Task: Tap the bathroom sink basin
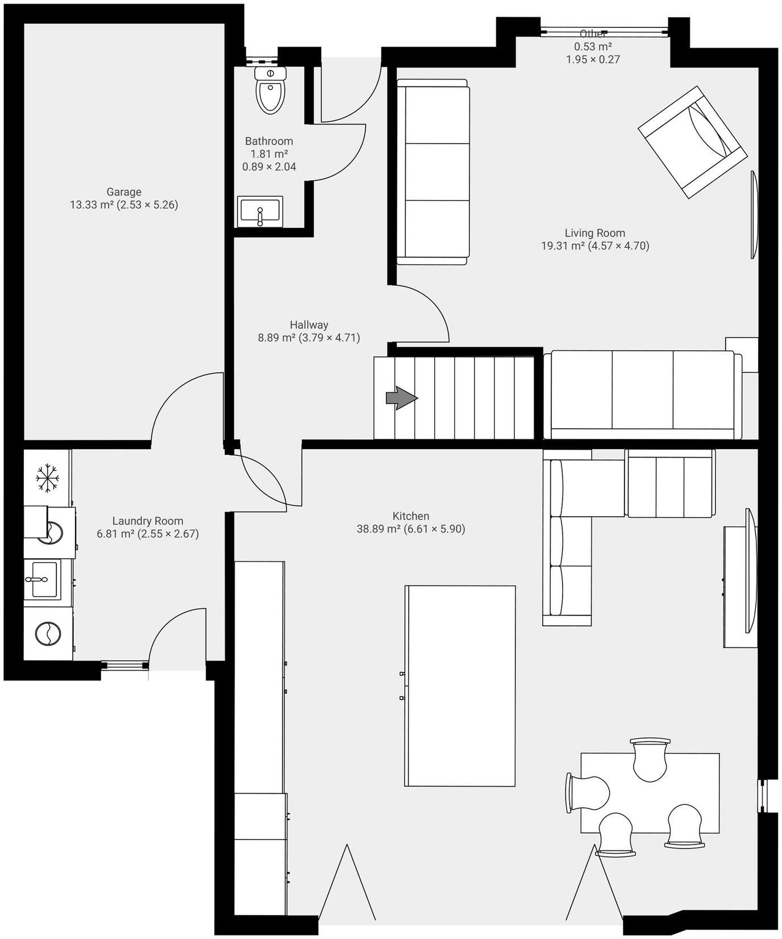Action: pyautogui.click(x=260, y=211)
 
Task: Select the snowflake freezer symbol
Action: pyautogui.click(x=48, y=477)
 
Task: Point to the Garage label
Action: pyautogui.click(x=123, y=192)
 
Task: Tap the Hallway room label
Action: pyautogui.click(x=309, y=325)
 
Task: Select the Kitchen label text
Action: pyautogui.click(x=410, y=516)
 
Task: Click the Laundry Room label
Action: pyautogui.click(x=147, y=521)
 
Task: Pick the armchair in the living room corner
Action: pyautogui.click(x=692, y=142)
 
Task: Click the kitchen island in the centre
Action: pyautogui.click(x=460, y=685)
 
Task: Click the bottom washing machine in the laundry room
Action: pyautogui.click(x=48, y=634)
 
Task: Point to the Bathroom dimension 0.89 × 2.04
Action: pyautogui.click(x=269, y=167)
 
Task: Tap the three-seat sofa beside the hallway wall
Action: pyautogui.click(x=433, y=172)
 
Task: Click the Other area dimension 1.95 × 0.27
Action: pyautogui.click(x=592, y=59)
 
